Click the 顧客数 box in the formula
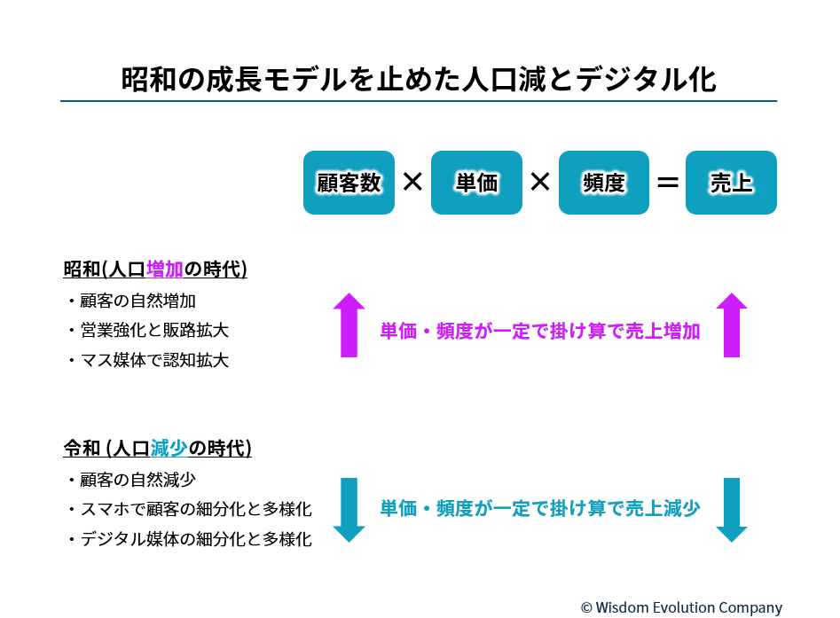[x=349, y=183]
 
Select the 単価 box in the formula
[x=476, y=183]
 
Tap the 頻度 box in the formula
[x=604, y=183]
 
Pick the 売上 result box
[x=731, y=183]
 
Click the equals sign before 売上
[x=668, y=184]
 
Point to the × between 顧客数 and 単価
[x=412, y=182]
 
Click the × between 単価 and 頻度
[x=540, y=182]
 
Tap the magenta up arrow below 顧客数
[x=349, y=325]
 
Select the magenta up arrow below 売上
[x=731, y=325]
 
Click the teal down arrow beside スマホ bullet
[x=349, y=510]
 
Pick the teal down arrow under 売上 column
[x=731, y=510]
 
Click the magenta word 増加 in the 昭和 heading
[x=164, y=269]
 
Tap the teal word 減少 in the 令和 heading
[x=169, y=449]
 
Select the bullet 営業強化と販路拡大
[x=148, y=331]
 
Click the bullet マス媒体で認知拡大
[x=148, y=360]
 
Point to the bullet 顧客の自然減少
[x=131, y=480]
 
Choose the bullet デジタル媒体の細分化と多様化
[x=190, y=539]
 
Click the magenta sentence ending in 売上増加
[x=540, y=331]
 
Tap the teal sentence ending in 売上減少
[x=540, y=508]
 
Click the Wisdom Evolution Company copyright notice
[x=681, y=608]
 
